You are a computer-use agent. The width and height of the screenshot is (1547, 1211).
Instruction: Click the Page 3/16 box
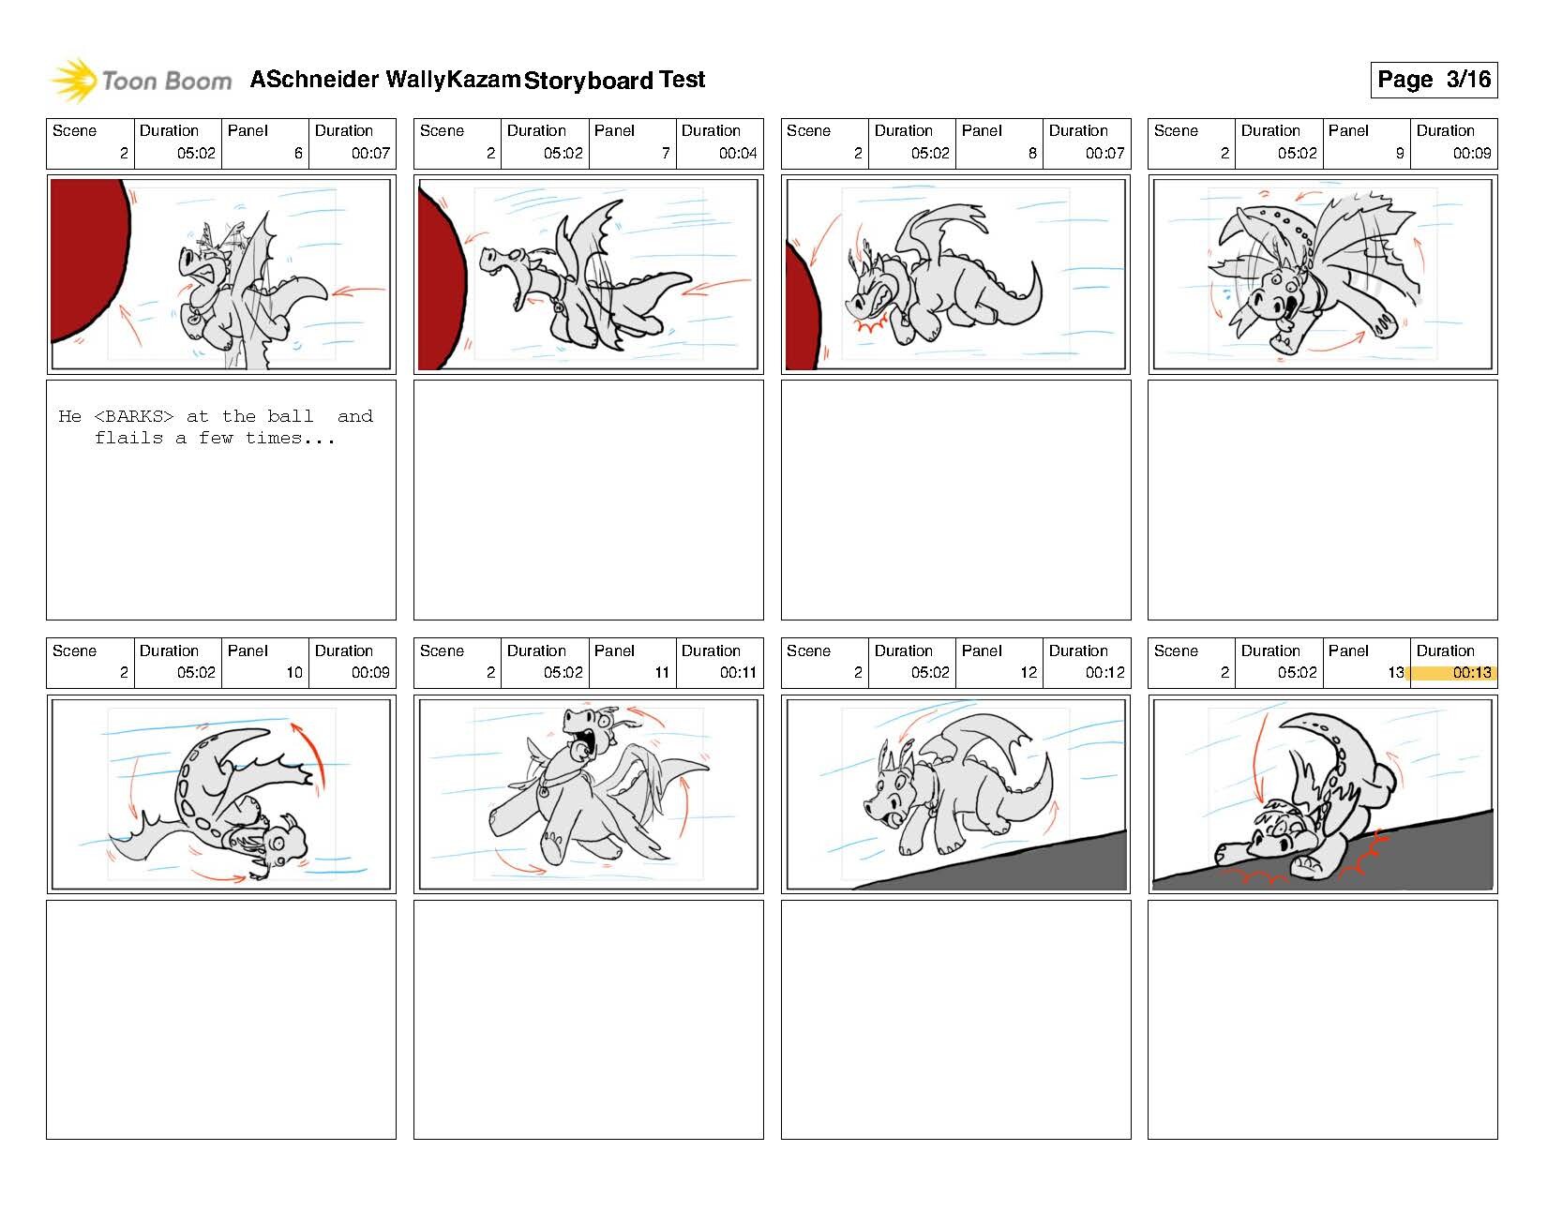(x=1433, y=80)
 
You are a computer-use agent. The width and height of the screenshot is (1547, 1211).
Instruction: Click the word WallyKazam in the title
(x=452, y=80)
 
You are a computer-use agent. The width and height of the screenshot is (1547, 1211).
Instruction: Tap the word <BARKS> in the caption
(x=134, y=416)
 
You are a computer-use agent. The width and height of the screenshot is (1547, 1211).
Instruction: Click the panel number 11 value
(x=662, y=672)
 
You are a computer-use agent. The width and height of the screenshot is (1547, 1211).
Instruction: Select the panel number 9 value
(x=1399, y=153)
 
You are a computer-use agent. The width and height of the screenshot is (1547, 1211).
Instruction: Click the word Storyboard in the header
(x=588, y=81)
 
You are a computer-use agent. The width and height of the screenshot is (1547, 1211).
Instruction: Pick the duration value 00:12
(x=1104, y=672)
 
